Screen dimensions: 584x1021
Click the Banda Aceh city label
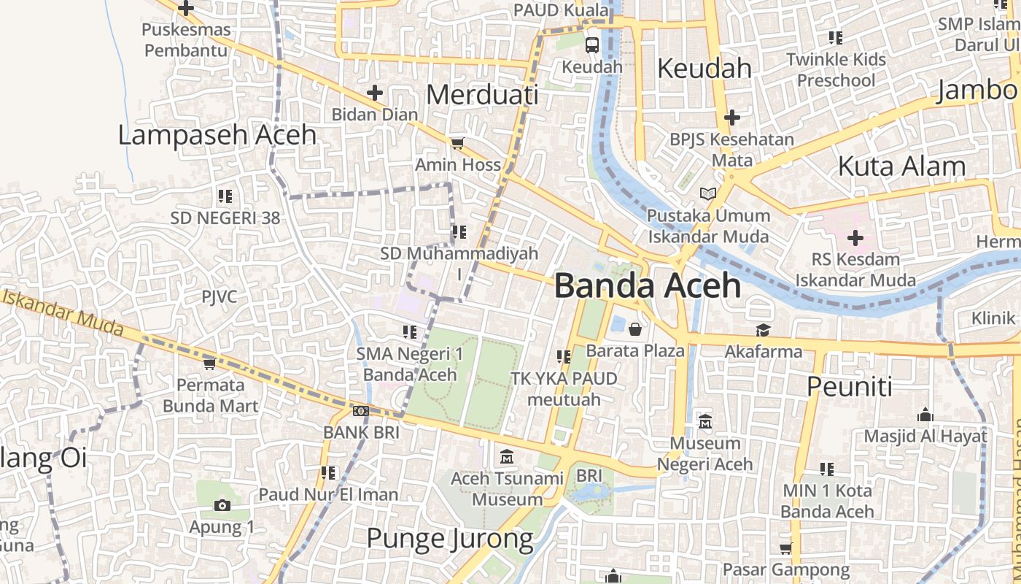(648, 285)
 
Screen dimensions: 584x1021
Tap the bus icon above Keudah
(592, 45)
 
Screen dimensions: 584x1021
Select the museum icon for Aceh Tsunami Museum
(507, 458)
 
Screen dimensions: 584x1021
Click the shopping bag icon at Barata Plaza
(635, 329)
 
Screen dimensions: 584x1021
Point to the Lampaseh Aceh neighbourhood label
(217, 135)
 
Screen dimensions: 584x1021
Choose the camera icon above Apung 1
(222, 505)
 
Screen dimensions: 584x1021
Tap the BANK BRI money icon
(360, 411)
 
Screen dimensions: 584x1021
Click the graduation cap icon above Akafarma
(763, 330)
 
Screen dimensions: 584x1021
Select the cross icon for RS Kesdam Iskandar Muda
(855, 238)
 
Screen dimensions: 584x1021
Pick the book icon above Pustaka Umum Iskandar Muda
(707, 194)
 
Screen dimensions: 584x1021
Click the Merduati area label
(482, 95)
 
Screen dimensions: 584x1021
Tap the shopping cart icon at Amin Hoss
(457, 143)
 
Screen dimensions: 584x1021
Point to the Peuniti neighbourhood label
(849, 387)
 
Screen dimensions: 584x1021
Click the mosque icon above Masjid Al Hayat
(925, 415)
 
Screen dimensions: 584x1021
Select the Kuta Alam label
(901, 166)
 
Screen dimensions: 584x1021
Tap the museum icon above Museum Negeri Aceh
(704, 421)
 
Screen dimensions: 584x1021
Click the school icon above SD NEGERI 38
(225, 196)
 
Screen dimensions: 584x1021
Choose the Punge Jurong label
(449, 539)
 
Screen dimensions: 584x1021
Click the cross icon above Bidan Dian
(374, 93)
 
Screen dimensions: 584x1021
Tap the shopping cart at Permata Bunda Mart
(209, 363)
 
